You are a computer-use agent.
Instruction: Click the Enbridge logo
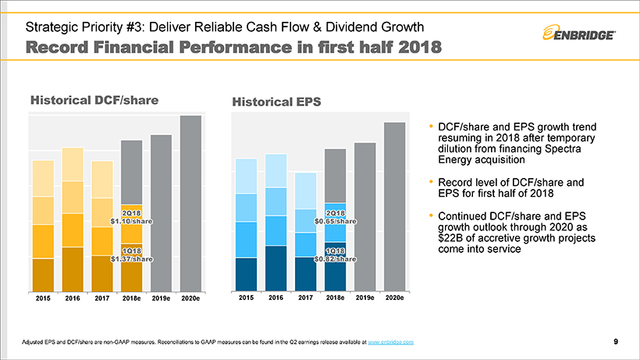click(x=581, y=33)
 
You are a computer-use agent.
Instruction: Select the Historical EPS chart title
click(x=276, y=102)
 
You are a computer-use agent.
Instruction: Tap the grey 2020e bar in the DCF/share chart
click(x=190, y=203)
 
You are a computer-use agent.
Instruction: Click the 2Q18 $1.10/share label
click(x=131, y=217)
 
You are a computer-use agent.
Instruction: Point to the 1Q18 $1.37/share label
click(x=131, y=254)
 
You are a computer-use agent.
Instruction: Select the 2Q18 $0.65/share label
click(x=336, y=217)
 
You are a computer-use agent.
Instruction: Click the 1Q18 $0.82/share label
click(x=336, y=254)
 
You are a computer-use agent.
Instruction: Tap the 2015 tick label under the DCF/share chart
click(x=43, y=298)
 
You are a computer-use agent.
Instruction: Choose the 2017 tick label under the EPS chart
click(x=306, y=298)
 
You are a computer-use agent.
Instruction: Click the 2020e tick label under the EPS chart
click(x=394, y=298)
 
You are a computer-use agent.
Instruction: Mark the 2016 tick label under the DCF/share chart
click(x=73, y=298)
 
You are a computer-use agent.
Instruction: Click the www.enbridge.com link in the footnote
click(x=390, y=343)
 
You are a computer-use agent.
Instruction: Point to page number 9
click(x=616, y=342)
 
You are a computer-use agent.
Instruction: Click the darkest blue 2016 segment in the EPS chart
click(x=276, y=267)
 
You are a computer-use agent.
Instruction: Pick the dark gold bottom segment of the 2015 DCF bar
click(x=43, y=273)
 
